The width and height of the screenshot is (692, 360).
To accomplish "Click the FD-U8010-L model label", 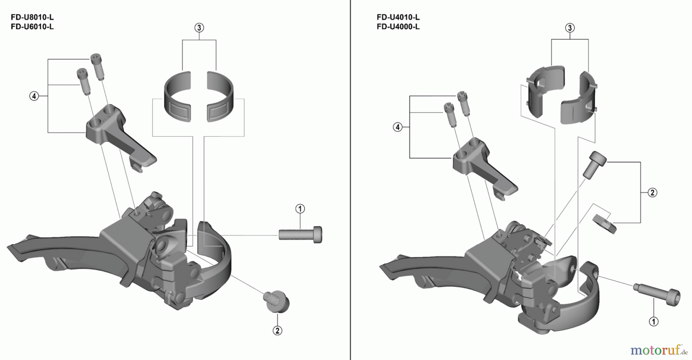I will point(32,17).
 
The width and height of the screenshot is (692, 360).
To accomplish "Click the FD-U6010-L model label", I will point(32,27).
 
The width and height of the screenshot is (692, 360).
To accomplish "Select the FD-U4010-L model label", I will point(398,17).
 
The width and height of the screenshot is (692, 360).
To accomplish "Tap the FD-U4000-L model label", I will point(398,27).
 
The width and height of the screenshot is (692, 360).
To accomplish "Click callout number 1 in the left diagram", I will point(300,209).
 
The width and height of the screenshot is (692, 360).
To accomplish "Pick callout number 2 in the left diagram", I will point(277,330).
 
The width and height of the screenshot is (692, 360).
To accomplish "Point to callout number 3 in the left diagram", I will point(199,28).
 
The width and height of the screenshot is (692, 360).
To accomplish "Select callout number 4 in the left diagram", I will point(34,96).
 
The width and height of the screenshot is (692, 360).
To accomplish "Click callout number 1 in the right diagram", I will point(654,321).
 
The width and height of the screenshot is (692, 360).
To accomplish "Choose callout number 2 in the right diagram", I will point(652,192).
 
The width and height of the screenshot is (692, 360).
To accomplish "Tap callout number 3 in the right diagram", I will point(570,28).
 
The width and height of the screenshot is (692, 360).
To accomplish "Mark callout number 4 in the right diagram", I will point(398,127).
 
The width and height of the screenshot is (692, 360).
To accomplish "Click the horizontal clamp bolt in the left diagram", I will point(300,234).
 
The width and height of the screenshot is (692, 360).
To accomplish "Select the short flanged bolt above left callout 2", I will point(276,301).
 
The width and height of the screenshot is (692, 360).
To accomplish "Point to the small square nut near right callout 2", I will point(605,224).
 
